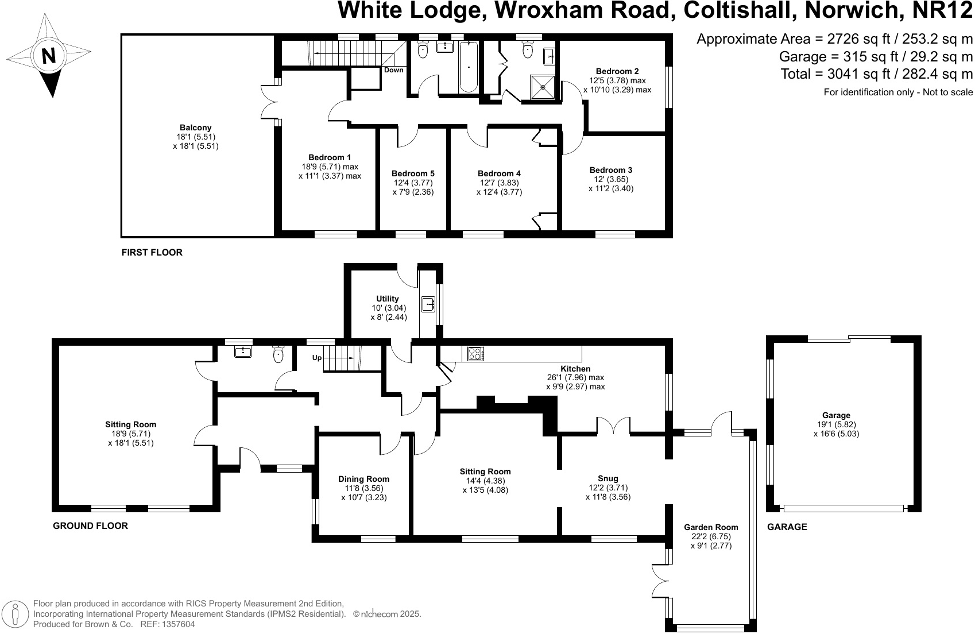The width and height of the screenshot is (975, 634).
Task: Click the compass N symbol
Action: coord(49,56)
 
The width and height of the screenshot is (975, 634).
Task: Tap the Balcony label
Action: coord(195,128)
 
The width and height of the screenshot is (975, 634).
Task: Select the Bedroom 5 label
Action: coord(413,173)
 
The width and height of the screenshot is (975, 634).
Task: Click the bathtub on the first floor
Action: coord(469,67)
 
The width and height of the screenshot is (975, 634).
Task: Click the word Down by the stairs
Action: coord(394,70)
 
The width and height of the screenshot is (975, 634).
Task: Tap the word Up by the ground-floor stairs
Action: coord(317,357)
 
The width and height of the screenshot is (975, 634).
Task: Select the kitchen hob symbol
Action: coord(476,354)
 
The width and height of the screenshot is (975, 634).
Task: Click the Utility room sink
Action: coord(428,304)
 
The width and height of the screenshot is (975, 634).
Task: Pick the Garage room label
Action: coord(836,415)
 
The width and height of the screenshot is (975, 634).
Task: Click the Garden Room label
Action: coord(711,527)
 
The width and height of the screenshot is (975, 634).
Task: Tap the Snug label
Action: coord(608,478)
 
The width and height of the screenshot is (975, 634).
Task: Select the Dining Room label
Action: coord(363,479)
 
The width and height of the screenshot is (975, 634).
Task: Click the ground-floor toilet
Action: coord(278,354)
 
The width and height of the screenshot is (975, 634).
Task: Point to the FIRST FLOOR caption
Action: coord(152,252)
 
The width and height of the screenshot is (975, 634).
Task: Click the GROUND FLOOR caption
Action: coord(90,525)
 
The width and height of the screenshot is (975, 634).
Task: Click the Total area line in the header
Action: coord(877,74)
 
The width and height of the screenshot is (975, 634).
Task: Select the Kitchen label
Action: coord(575,369)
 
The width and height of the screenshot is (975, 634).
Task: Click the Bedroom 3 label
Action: coord(611,170)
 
